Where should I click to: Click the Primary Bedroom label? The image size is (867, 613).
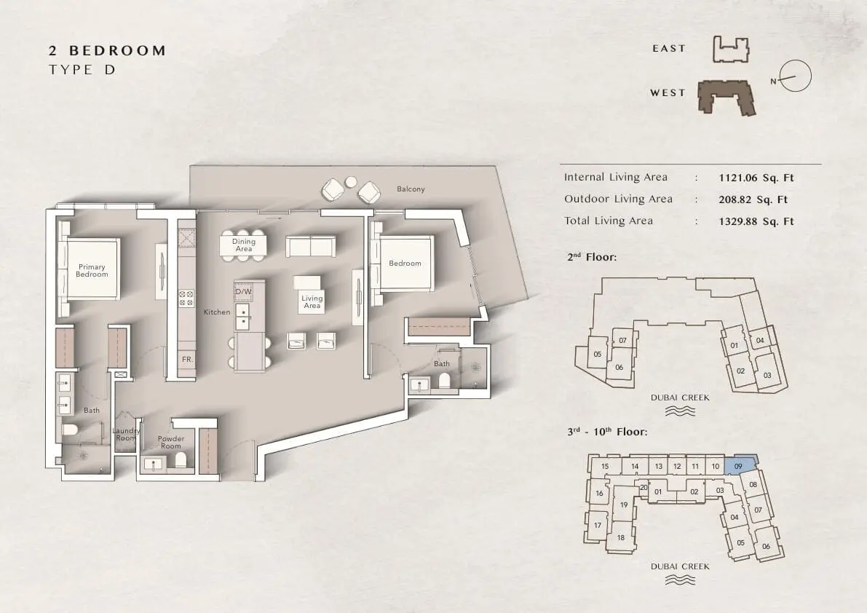[92, 270]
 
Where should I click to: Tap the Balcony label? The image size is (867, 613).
[411, 189]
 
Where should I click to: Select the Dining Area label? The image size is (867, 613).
[244, 245]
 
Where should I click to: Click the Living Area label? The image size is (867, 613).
[312, 302]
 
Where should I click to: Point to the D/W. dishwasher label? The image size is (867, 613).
[243, 291]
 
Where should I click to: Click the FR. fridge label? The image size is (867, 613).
[187, 360]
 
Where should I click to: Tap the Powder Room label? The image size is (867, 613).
[171, 442]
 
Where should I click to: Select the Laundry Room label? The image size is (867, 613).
[126, 435]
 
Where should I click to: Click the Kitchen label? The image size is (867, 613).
[217, 312]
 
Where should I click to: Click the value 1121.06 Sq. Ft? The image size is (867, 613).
[756, 178]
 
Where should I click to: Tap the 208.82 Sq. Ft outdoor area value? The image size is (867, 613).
[753, 199]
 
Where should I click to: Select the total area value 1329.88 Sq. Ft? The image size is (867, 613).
[756, 221]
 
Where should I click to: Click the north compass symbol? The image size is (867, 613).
[794, 76]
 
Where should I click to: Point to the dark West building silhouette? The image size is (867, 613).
[726, 98]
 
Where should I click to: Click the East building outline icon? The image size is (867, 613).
[730, 50]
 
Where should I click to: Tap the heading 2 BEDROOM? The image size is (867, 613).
[107, 51]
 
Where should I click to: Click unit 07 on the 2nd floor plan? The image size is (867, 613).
[622, 341]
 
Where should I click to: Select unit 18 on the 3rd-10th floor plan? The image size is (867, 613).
[620, 537]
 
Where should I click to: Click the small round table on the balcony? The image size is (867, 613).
[351, 182]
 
